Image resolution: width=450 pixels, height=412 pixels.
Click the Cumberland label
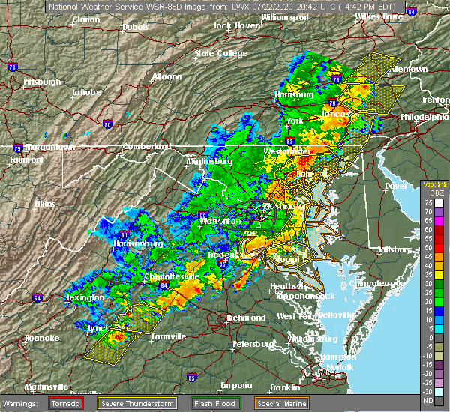point(142,146)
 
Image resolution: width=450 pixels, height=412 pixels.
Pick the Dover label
point(395,186)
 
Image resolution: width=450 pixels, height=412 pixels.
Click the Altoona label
point(166,76)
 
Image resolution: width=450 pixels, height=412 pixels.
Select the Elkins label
point(48,203)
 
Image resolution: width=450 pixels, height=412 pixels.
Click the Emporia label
point(235,385)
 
